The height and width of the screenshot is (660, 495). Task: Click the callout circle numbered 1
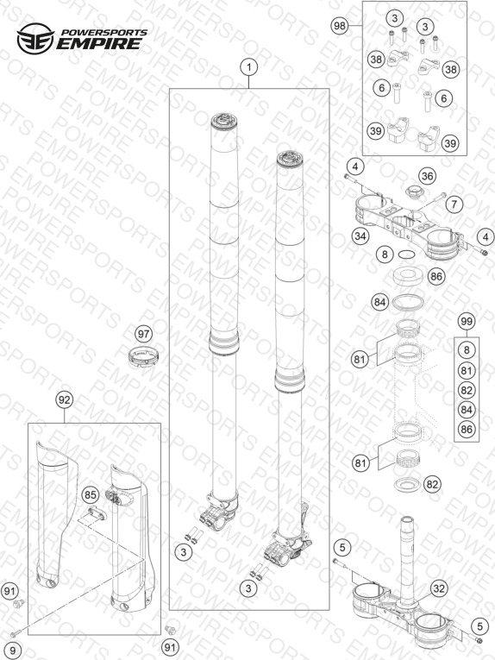point(248,67)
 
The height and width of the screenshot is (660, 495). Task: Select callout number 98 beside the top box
point(339,26)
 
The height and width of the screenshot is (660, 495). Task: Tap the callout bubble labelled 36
point(427,176)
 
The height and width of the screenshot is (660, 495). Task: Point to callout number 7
point(454,204)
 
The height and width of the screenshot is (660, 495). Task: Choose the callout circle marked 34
point(360,236)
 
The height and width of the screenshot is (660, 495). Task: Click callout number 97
point(144,334)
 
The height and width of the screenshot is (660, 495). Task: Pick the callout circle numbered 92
point(65,399)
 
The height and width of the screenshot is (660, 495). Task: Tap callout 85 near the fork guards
point(91,494)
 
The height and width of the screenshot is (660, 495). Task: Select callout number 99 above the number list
point(467,322)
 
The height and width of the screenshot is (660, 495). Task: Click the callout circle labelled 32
point(439,588)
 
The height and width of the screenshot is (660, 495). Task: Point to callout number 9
point(13,651)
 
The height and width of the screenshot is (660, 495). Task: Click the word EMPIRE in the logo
point(99,43)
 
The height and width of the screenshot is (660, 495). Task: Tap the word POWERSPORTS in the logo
point(104,33)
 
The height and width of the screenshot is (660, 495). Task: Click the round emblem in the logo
point(35,39)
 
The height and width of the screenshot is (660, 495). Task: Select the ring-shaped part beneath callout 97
point(143,357)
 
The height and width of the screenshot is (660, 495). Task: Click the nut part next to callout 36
point(414,192)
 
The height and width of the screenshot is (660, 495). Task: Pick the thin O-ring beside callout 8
point(407,255)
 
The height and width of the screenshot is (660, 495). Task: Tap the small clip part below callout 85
point(96,513)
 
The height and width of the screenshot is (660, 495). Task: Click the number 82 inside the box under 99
point(467,390)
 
